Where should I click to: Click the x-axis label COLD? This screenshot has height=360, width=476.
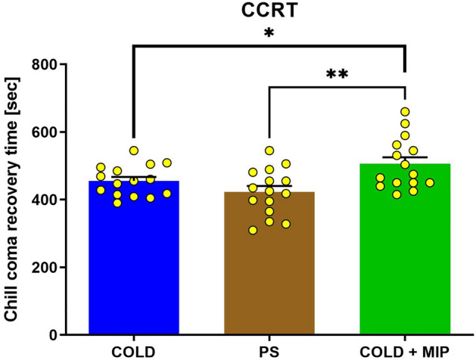[x=133, y=350]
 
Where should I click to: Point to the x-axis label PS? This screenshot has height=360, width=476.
[x=269, y=350]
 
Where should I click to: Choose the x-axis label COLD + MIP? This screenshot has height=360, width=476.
[x=405, y=350]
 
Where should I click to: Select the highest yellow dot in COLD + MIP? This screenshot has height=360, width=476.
[x=405, y=112]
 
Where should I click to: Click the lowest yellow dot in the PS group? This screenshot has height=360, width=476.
[x=253, y=230]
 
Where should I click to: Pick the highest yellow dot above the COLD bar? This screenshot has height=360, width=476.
[x=135, y=151]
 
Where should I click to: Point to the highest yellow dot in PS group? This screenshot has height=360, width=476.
[x=269, y=151]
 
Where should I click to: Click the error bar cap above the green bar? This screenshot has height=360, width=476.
[x=405, y=157]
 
